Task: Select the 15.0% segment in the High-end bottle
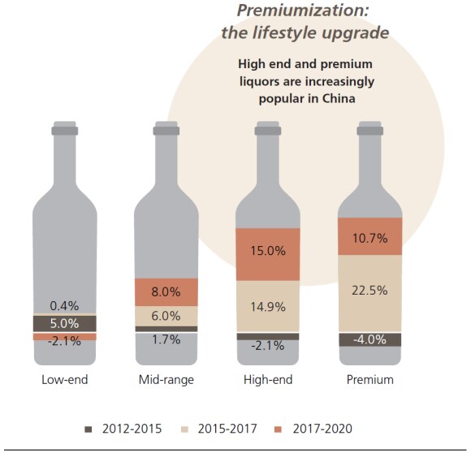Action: coord(267,252)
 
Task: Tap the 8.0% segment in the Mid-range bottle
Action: coord(166,291)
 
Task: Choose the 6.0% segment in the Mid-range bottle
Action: coord(166,316)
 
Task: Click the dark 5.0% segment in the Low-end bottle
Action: coord(65,323)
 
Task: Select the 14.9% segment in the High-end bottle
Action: coord(267,305)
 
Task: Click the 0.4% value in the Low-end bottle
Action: coord(65,305)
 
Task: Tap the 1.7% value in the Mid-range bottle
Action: coord(166,339)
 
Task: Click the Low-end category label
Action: coord(65,379)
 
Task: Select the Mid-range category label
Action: coord(166,379)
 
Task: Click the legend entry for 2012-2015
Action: coord(127,426)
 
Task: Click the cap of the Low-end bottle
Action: coord(65,129)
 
